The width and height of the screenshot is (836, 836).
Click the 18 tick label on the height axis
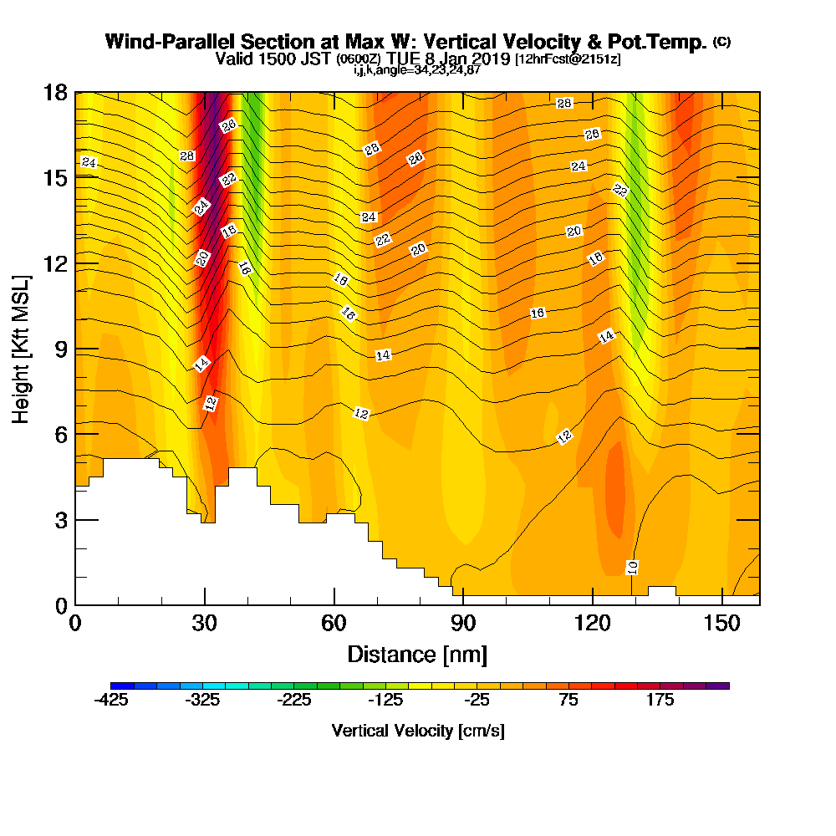coord(55,93)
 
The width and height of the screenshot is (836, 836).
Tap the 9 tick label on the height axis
coord(62,349)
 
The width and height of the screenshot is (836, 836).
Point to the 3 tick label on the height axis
coord(62,520)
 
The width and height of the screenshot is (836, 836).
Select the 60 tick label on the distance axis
coord(334,623)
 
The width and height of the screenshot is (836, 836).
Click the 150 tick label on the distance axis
coord(722,623)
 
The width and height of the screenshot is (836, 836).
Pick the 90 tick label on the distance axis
coord(463,623)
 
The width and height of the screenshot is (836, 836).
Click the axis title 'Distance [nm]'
coord(417,655)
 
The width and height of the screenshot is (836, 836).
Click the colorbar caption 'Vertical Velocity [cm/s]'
coord(418,731)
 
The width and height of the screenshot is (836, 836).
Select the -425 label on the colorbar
coord(111,700)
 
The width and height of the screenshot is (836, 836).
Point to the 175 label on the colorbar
coord(660,700)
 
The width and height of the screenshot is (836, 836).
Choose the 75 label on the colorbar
coord(568,700)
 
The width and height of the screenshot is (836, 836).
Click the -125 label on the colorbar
coord(385,700)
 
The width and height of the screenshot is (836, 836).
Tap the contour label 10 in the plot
coord(632,568)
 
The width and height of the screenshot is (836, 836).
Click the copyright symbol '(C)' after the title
coord(722,42)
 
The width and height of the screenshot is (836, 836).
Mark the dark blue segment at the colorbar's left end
coord(122,686)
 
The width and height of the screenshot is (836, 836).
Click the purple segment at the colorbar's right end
coord(718,686)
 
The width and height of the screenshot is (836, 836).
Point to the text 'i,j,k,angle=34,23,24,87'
coord(417,70)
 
